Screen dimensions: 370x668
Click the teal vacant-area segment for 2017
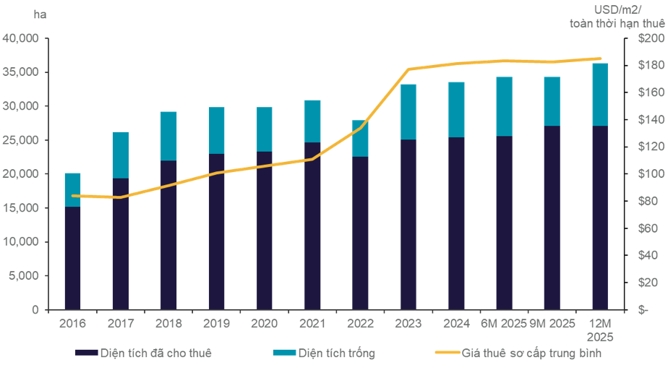coord(121,155)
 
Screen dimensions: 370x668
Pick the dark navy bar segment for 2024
coord(456,223)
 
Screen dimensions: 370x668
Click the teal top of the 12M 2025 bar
coord(600,94)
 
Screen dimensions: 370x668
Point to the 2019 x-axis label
coord(216,323)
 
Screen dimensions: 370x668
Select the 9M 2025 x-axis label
coord(552,323)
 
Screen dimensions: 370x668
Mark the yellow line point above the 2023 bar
coord(408,69)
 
